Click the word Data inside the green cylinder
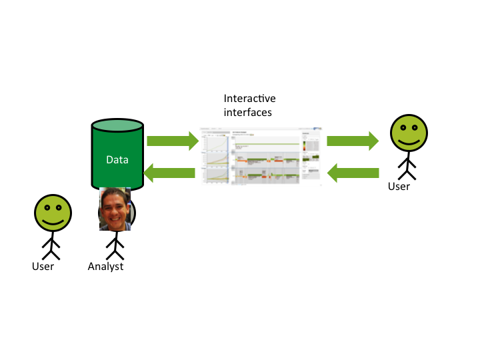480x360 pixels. coord(117,160)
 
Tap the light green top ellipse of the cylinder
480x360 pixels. coord(117,125)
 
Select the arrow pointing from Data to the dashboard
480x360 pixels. coord(173,141)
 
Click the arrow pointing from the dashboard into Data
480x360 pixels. coord(170,173)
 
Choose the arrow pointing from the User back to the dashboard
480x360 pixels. coord(353,173)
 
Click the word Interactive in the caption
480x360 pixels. coord(249,99)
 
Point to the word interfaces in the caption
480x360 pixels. coord(247,112)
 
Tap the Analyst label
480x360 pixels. coord(105,267)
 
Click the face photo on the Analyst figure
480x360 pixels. coord(115,209)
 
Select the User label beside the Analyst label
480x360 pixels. coord(43,267)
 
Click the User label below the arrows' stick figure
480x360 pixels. coord(399,186)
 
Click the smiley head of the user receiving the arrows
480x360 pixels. coord(407,133)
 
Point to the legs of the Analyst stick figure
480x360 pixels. coord(116,252)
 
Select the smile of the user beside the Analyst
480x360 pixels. coord(52,221)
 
